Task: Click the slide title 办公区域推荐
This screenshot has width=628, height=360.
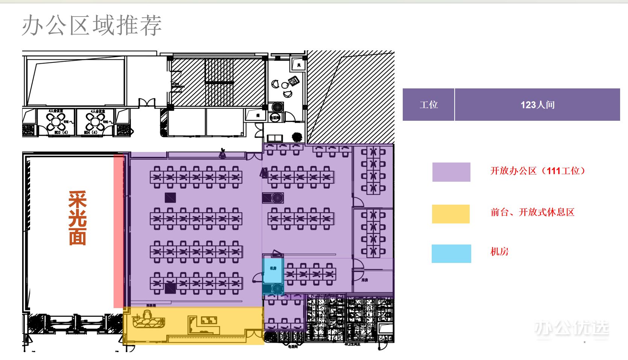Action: point(92,26)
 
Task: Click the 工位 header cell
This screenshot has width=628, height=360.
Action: point(428,105)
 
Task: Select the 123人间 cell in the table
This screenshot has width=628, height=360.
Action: point(537,105)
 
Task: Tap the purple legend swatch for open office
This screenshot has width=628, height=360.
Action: point(451,172)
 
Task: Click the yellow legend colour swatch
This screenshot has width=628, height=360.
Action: point(451,214)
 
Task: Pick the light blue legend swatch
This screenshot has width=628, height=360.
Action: point(451,253)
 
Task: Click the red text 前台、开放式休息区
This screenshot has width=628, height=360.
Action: point(532,212)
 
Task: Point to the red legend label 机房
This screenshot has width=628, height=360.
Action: point(499,251)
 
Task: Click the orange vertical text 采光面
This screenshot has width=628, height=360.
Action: point(77,218)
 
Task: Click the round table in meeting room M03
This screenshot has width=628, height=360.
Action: point(56,121)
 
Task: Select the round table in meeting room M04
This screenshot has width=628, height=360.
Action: point(95,121)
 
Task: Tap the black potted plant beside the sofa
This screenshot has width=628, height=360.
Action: point(297,137)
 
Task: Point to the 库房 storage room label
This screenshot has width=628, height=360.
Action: point(364,280)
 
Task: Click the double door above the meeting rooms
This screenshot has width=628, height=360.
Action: point(147,102)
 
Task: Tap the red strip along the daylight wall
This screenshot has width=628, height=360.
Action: point(118,230)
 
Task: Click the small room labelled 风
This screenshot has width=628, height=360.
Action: point(299,65)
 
